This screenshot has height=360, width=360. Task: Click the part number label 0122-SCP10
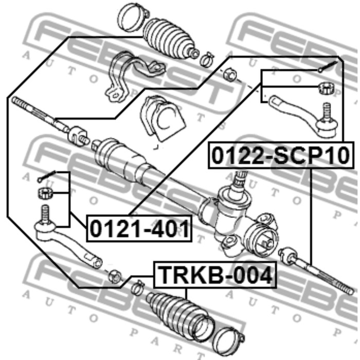[x=281, y=155]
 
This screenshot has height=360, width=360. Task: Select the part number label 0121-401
[x=139, y=228]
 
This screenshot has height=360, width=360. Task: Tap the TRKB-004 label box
[x=214, y=275]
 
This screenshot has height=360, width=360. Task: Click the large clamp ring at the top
[x=133, y=17]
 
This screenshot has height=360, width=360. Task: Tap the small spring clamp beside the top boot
[x=207, y=59]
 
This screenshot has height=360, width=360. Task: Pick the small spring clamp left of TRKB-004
[x=137, y=286]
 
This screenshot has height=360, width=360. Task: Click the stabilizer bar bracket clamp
[x=133, y=76]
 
